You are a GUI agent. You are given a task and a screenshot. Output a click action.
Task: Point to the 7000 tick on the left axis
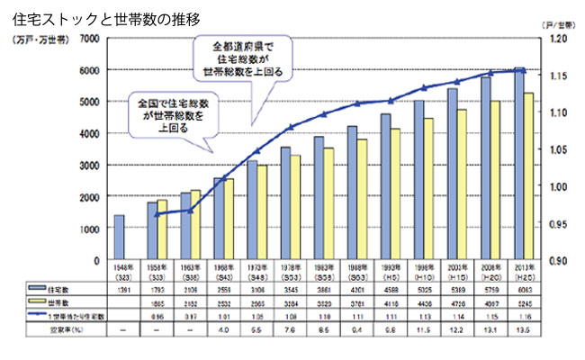pos(88,38)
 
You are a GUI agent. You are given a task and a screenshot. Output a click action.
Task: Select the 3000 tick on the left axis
pos(88,165)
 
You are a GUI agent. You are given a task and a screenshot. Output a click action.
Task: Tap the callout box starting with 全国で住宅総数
pos(171,115)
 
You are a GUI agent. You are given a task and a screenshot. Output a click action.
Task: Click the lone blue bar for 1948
pos(119,237)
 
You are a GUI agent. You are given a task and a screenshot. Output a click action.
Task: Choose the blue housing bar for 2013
pos(519,163)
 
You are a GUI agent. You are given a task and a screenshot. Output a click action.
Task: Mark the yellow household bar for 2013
pos(530,176)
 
